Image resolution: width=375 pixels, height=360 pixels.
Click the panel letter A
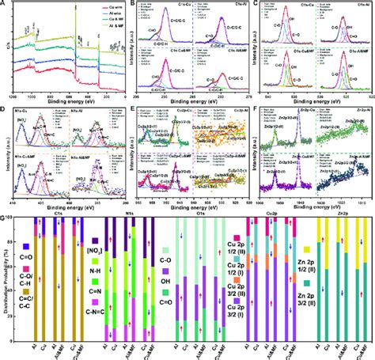point(6,5)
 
